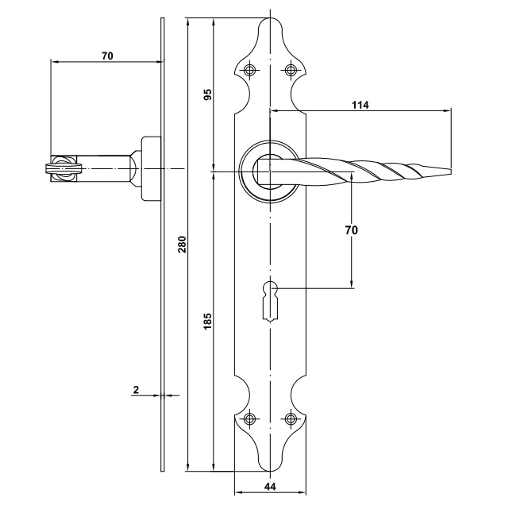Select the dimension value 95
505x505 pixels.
coord(207,94)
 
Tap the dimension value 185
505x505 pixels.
coord(207,322)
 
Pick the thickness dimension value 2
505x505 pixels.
coord(136,389)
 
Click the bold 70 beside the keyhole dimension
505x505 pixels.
coord(352,230)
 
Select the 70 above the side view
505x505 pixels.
coord(108,56)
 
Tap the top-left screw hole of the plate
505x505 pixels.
coord(251,69)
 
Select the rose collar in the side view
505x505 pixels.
coord(150,168)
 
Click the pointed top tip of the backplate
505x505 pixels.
coord(269,20)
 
